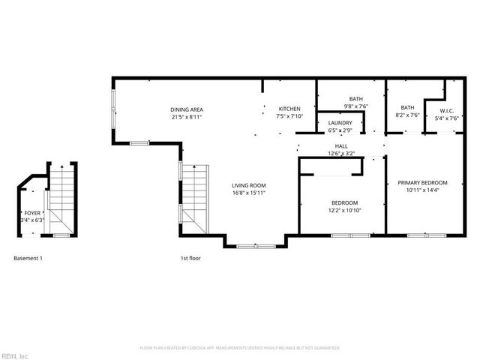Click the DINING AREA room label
click(x=186, y=109)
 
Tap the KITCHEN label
click(x=289, y=109)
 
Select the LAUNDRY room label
click(x=340, y=123)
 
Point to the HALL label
click(x=341, y=146)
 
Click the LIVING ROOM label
click(x=248, y=185)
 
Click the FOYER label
click(x=32, y=214)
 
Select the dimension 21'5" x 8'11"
click(x=186, y=117)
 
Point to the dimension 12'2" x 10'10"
click(x=345, y=210)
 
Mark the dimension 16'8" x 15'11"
click(x=248, y=193)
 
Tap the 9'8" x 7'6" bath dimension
click(x=356, y=106)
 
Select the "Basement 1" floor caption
click(x=28, y=258)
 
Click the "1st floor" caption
click(x=189, y=258)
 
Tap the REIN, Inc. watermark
click(x=15, y=355)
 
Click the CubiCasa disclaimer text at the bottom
click(x=240, y=348)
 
